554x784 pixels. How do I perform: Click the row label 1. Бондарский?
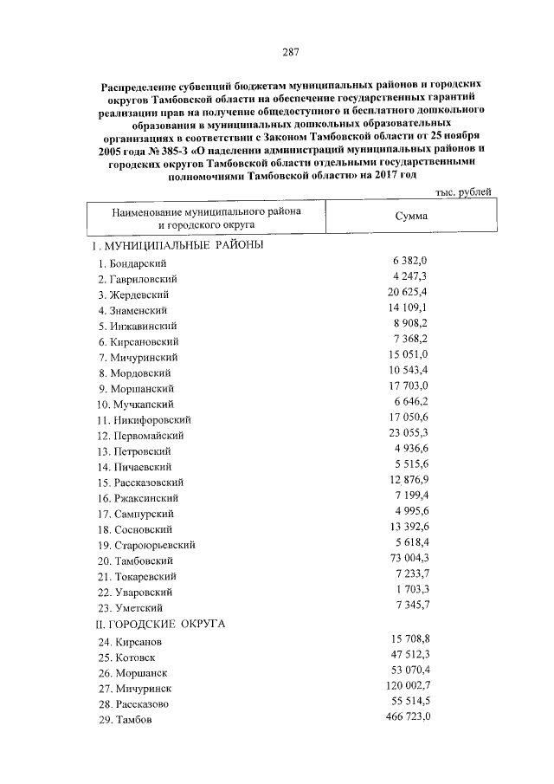pyautogui.click(x=132, y=262)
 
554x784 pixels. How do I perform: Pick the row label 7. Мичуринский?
pyautogui.click(x=138, y=357)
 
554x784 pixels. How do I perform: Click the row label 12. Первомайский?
pyautogui.click(x=140, y=436)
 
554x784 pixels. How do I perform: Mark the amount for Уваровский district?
pyautogui.click(x=410, y=591)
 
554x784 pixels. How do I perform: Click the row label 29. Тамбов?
pyautogui.click(x=125, y=721)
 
